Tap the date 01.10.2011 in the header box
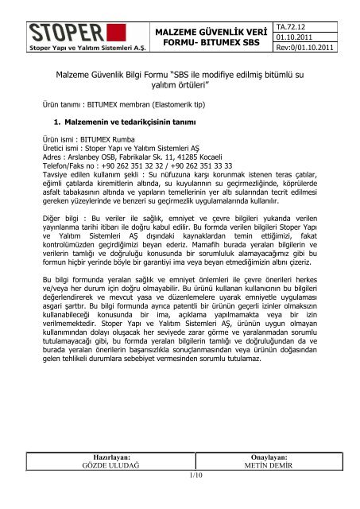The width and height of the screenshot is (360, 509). [x=309, y=39]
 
